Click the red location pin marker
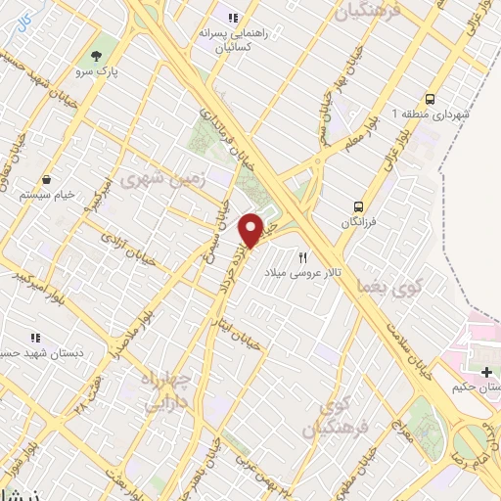pyautogui.click(x=252, y=230)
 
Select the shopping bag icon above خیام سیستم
pyautogui.click(x=47, y=180)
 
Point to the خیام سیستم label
pyautogui.click(x=47, y=196)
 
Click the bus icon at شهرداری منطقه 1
pyautogui.click(x=431, y=99)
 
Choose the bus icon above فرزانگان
pyautogui.click(x=360, y=206)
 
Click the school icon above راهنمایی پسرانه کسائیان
pyautogui.click(x=233, y=17)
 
